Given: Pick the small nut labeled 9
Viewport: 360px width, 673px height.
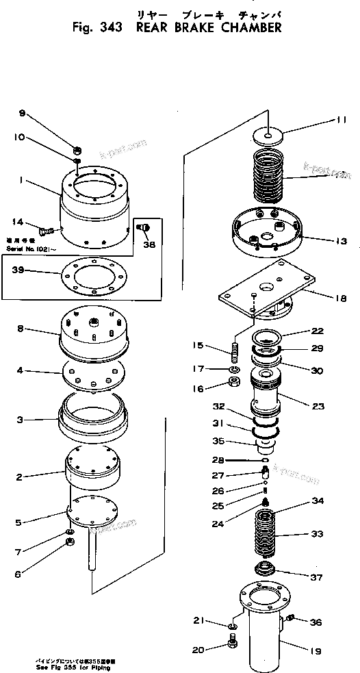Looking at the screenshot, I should point(78,150).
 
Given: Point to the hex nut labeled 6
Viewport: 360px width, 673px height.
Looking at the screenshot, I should point(69,544).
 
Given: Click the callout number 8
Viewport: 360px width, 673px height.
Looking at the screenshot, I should point(21,329).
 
